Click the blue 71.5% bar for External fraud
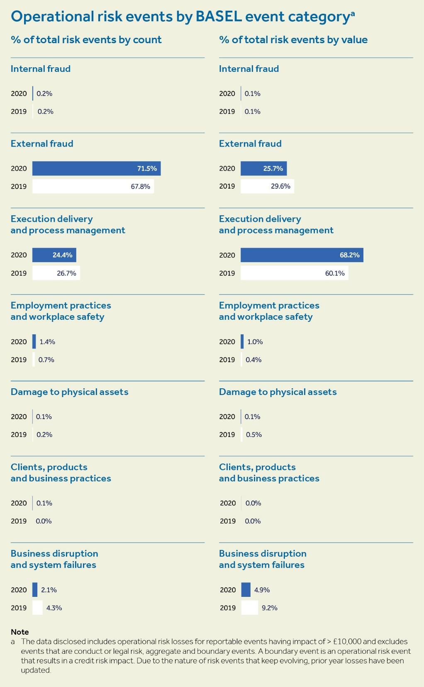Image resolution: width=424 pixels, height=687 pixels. coord(96,168)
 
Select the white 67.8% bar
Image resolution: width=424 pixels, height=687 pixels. coord(93,186)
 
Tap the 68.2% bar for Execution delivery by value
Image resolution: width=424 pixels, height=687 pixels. coord(302,255)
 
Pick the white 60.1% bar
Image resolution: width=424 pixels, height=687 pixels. coord(294,273)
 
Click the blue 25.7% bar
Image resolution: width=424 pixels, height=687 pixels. coord(263,168)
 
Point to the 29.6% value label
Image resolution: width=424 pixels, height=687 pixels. coord(280,186)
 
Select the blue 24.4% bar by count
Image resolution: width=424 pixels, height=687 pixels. coord(54,255)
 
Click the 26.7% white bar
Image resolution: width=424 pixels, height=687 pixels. coord(56,273)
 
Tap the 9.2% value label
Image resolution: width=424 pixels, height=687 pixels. coord(270,608)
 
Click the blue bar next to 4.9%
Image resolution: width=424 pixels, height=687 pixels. coord(246,589)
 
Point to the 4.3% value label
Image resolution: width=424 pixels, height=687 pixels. coord(54,608)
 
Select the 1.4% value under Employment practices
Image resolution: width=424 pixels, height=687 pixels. coord(47,341)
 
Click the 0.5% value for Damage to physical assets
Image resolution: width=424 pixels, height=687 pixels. coord(253,434)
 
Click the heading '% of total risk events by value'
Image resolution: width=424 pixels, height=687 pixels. coord(293,40)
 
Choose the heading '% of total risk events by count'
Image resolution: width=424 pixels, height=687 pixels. coord(86,40)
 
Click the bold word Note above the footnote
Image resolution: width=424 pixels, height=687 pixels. coord(19,632)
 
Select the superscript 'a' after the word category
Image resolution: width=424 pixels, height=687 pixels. coord(353,13)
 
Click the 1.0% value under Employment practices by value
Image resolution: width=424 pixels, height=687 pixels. coord(255,341)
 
